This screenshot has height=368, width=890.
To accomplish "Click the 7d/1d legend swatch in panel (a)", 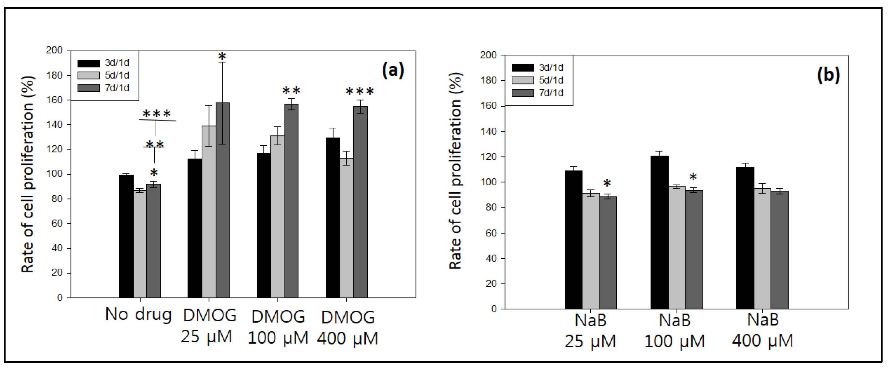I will coord(88,88).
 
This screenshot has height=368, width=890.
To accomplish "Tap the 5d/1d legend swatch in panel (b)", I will coord(522,80).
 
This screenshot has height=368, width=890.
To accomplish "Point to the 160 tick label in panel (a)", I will coord(54,100).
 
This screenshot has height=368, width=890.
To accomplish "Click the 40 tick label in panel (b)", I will coord(491,258).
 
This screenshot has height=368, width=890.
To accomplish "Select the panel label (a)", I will coord(393,71).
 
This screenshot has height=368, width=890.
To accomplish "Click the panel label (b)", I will coord(828,75).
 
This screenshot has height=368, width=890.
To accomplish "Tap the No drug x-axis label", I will coord(138,315).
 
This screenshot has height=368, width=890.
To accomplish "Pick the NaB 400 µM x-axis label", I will coord(763,330).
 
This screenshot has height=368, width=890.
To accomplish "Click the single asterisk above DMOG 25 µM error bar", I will coord(222,56).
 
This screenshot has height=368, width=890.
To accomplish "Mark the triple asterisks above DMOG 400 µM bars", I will coord(360,92).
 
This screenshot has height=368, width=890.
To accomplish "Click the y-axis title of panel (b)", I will coord(455,171).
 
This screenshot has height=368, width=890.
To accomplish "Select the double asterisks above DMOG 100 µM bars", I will coord(291,91).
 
